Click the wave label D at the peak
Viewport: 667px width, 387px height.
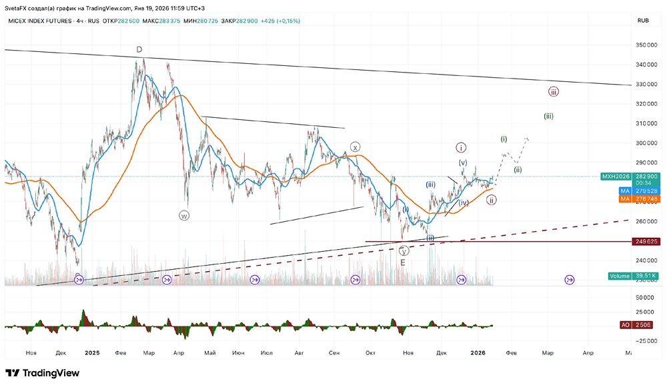click(x=139, y=49)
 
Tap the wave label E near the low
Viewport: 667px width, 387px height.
click(x=403, y=263)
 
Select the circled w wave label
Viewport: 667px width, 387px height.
click(x=184, y=215)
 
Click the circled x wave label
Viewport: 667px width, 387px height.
click(x=356, y=147)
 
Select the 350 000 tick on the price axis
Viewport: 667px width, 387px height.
click(x=644, y=45)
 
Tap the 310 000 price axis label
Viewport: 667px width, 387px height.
click(x=644, y=123)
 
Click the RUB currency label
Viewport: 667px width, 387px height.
click(x=643, y=21)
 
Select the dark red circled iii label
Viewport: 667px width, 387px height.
click(x=553, y=91)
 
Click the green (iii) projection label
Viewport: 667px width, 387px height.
click(x=548, y=116)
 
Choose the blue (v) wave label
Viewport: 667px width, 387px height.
click(x=462, y=163)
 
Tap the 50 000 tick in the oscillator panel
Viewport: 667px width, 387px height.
click(x=644, y=297)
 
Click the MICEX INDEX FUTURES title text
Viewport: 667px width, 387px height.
click(x=39, y=21)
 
